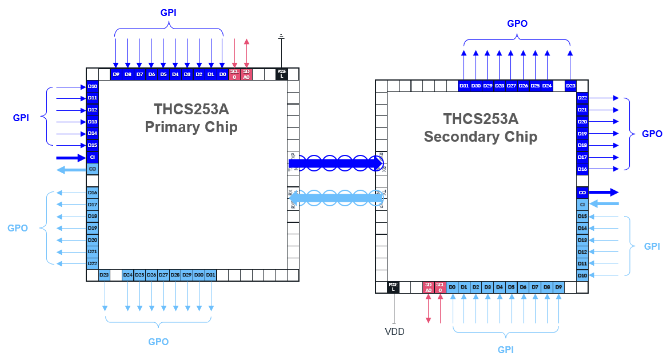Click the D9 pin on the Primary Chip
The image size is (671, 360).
click(x=116, y=74)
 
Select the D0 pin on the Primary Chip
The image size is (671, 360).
click(x=222, y=74)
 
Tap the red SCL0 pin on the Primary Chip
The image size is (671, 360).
click(x=234, y=74)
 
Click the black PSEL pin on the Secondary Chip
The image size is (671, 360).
click(x=393, y=287)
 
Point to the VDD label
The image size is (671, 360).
click(x=394, y=331)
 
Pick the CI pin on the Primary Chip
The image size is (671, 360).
click(x=93, y=157)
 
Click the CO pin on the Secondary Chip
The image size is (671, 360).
click(x=582, y=193)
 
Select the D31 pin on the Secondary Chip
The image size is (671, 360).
click(x=464, y=86)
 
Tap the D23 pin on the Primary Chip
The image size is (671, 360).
click(x=104, y=275)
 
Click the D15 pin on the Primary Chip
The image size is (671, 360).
click(x=93, y=145)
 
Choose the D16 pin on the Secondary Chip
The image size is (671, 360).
click(x=582, y=169)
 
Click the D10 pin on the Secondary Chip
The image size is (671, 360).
click(x=582, y=275)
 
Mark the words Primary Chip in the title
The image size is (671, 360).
click(x=191, y=127)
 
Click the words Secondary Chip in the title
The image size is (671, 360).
click(x=480, y=137)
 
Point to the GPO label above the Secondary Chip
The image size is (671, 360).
click(x=517, y=24)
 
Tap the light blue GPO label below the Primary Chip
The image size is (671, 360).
click(x=158, y=342)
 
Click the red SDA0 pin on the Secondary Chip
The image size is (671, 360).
click(x=428, y=287)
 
